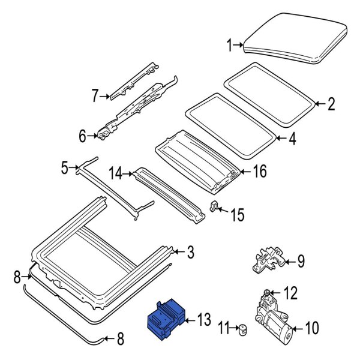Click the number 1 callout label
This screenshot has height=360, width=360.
229,44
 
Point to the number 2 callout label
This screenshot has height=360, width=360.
331,106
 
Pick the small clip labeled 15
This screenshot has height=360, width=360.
214,208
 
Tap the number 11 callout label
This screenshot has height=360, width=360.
224,329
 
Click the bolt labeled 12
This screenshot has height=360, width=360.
266,293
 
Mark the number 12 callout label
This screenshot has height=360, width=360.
290,293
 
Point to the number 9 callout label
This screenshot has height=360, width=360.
301,262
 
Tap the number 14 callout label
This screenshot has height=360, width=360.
116,175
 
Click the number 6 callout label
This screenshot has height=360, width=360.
82,137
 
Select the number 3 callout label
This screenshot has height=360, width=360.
190,253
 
